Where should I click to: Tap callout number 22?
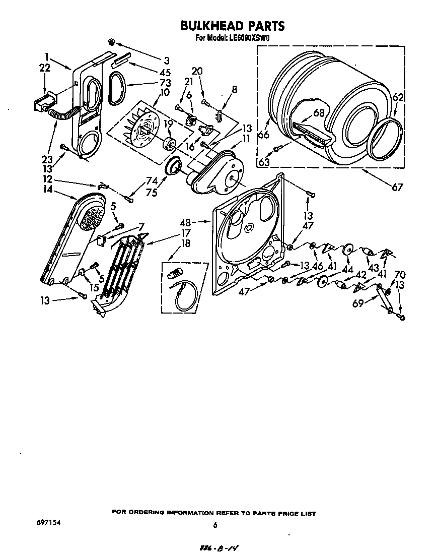click(x=44, y=68)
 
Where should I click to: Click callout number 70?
click(x=399, y=275)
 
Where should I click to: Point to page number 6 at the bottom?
click(x=215, y=525)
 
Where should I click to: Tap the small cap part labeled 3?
click(x=112, y=41)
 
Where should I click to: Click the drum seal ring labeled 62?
click(x=386, y=138)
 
